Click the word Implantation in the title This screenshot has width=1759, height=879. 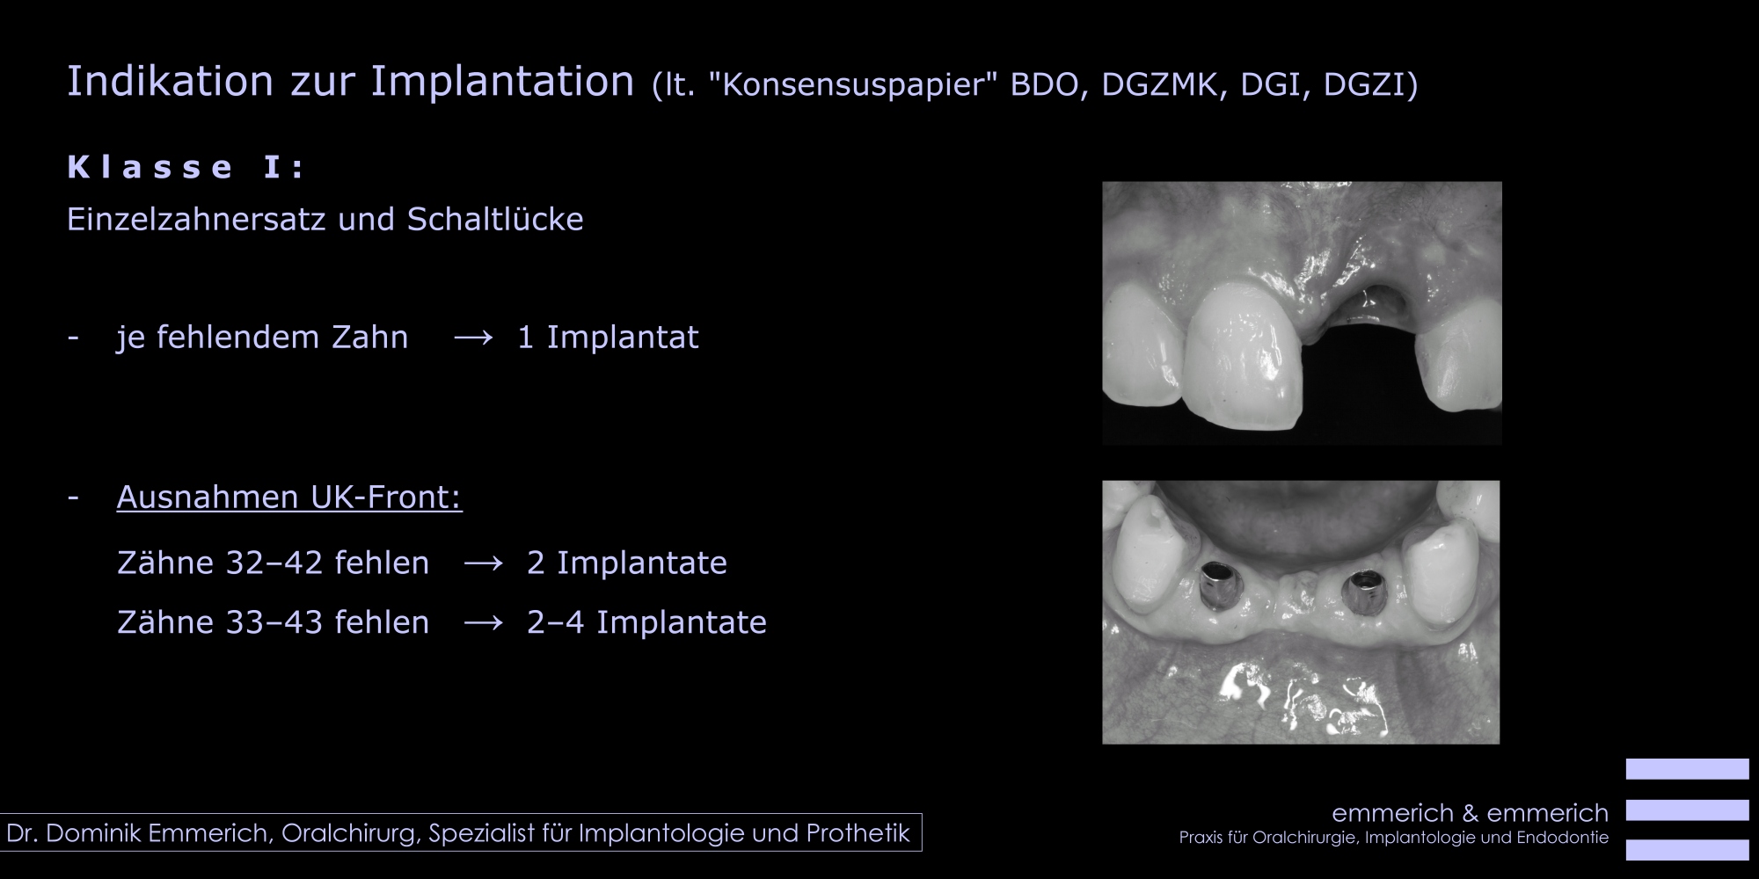point(502,82)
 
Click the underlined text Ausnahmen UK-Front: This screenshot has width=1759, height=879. point(289,498)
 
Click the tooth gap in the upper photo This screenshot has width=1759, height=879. point(1359,369)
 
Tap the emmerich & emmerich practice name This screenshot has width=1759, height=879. point(1470,813)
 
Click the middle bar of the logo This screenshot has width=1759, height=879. point(1687,810)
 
